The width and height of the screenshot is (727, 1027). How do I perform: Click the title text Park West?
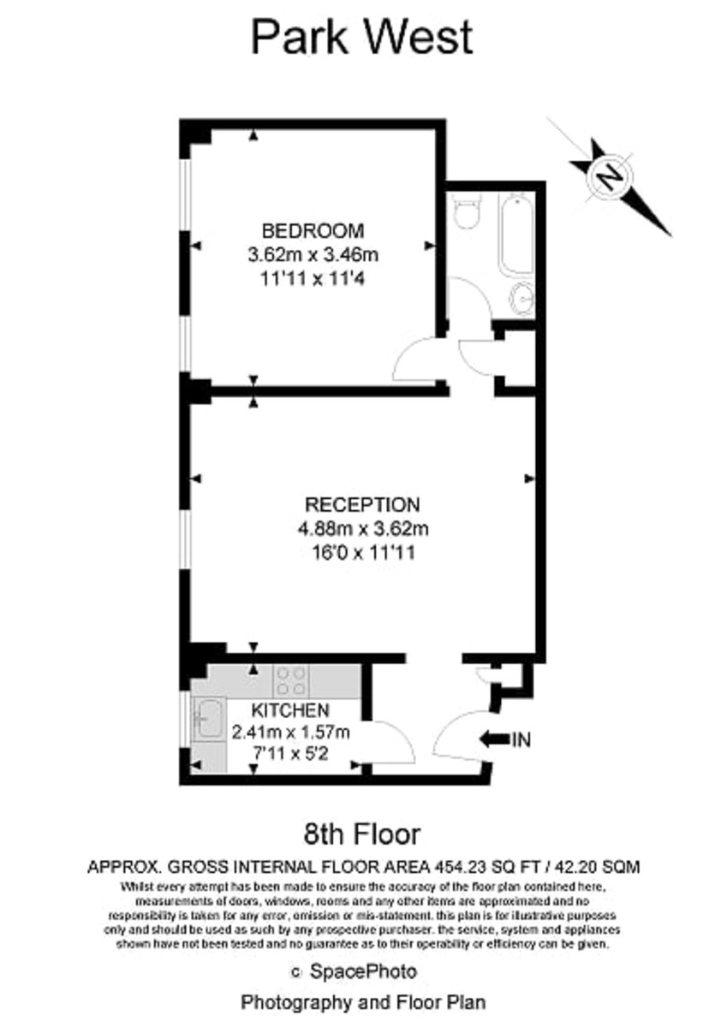[362, 38]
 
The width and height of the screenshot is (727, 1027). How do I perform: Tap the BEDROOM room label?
[313, 230]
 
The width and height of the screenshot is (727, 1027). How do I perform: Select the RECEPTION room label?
[362, 505]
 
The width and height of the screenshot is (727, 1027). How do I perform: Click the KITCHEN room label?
[290, 710]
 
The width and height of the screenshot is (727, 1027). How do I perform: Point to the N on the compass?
[610, 176]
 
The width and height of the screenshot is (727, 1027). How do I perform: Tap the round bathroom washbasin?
[522, 299]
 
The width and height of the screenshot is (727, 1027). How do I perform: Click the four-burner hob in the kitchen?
[291, 681]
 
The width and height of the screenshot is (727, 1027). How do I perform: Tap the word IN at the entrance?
[521, 739]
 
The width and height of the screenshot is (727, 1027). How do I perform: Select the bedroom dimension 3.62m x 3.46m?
[313, 254]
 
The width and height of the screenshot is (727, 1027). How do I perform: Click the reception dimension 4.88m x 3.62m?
[363, 529]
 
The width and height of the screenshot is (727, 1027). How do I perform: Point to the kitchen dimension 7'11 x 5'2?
[290, 753]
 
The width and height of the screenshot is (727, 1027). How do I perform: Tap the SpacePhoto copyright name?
[363, 971]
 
